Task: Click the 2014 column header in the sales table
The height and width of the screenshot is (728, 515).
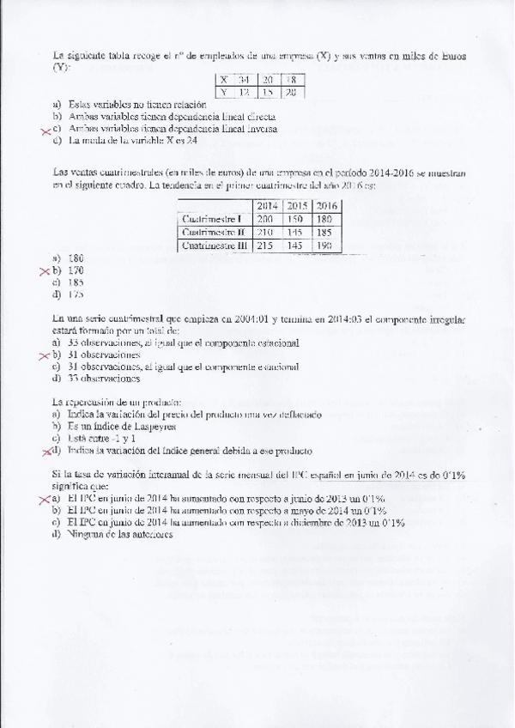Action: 268,206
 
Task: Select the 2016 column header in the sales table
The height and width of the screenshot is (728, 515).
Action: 325,206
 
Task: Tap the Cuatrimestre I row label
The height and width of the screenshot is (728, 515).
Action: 214,219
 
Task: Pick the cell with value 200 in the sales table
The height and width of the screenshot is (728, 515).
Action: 268,219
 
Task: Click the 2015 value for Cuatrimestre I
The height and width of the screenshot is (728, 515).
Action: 296,219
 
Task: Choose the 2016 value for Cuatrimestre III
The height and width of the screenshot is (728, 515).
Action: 325,246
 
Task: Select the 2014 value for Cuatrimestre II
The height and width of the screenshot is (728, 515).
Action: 268,233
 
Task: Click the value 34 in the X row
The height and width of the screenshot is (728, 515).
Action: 245,80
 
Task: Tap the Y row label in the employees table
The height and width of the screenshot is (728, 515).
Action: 224,91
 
